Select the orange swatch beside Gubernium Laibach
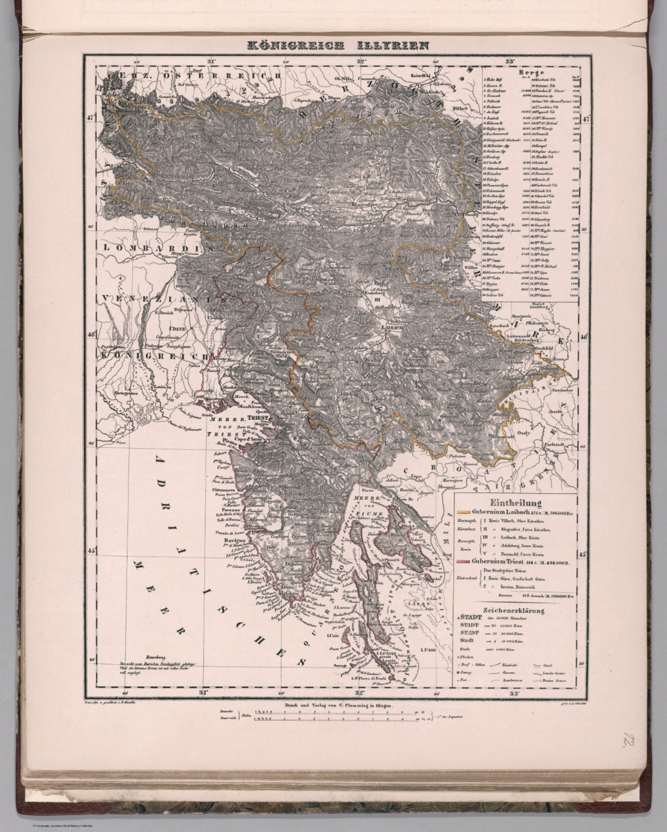[463, 511]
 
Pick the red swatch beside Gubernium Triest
[463, 561]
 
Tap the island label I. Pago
[429, 648]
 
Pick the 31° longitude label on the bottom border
[203, 692]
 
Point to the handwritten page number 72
[629, 740]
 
